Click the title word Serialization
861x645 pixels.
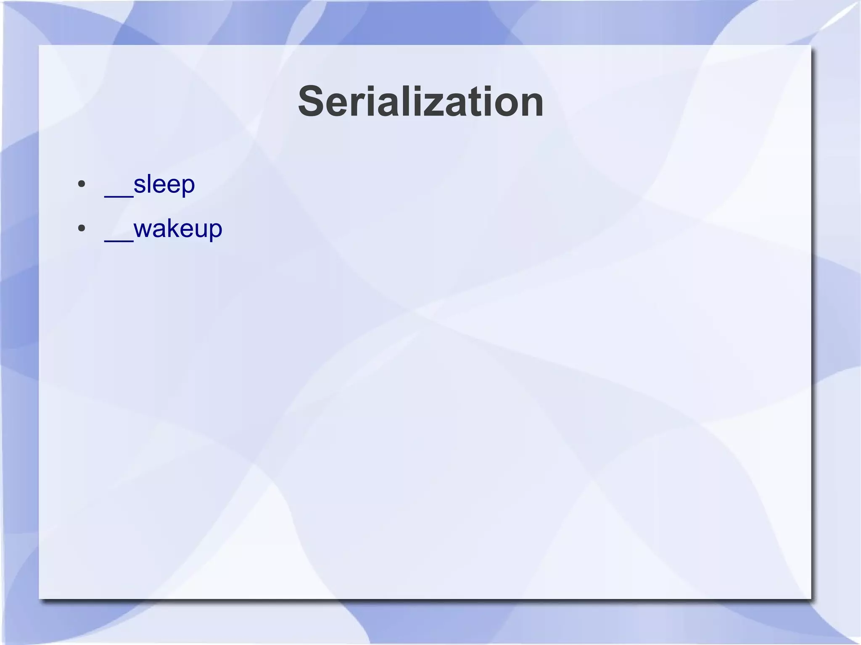click(x=421, y=102)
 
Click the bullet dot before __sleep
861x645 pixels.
click(x=82, y=184)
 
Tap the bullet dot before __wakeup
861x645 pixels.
click(x=82, y=229)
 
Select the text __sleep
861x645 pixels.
click(x=150, y=184)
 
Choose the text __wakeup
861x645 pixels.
click(x=163, y=229)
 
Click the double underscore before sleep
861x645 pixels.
click(x=119, y=194)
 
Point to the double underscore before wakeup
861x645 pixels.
click(x=119, y=239)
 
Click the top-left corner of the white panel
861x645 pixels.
click(x=40, y=45)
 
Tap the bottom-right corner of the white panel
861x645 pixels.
click(x=810, y=598)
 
